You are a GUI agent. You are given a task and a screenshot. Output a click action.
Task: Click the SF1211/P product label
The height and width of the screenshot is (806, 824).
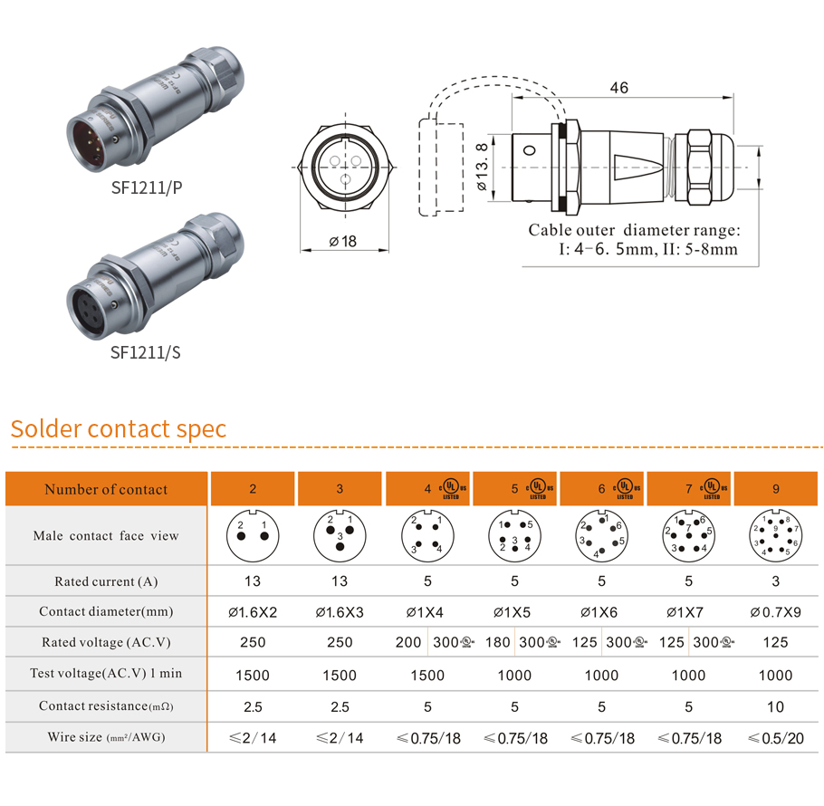pos(146,187)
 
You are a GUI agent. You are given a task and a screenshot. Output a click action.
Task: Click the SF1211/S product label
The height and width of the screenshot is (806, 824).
pos(146,351)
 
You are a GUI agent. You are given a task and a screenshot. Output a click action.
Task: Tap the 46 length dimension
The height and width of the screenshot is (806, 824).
pos(619,88)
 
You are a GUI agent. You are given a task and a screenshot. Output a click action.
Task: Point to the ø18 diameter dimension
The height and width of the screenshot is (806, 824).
pos(342,241)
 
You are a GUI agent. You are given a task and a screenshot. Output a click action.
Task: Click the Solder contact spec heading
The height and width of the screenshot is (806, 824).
pos(119,428)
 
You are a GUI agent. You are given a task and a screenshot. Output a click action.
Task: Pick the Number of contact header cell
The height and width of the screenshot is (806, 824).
pos(106,489)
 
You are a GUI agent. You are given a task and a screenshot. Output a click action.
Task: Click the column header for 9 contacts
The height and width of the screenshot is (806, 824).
pos(776,489)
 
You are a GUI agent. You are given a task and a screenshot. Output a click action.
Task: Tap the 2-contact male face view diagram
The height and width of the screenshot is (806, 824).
pos(253,535)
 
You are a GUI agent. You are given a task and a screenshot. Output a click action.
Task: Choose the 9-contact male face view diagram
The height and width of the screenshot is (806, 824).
pos(776,535)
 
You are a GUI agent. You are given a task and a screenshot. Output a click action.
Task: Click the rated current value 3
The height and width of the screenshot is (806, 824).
pos(776,581)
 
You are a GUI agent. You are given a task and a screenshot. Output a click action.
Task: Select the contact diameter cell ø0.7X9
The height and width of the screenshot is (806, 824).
pos(776,612)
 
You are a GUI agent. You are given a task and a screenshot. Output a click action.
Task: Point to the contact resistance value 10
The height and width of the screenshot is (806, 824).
pos(776,706)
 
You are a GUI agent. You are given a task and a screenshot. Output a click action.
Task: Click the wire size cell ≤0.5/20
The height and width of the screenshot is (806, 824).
pos(776,738)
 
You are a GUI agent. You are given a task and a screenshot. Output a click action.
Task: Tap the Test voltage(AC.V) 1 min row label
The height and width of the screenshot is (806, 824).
pos(106,675)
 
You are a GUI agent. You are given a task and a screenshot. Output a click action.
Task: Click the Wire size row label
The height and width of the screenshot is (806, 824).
pos(106,737)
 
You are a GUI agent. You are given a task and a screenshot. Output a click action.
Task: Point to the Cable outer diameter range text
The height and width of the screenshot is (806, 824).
pos(635,230)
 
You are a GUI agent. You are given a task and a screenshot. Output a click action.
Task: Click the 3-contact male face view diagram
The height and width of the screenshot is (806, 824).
pos(340,535)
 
